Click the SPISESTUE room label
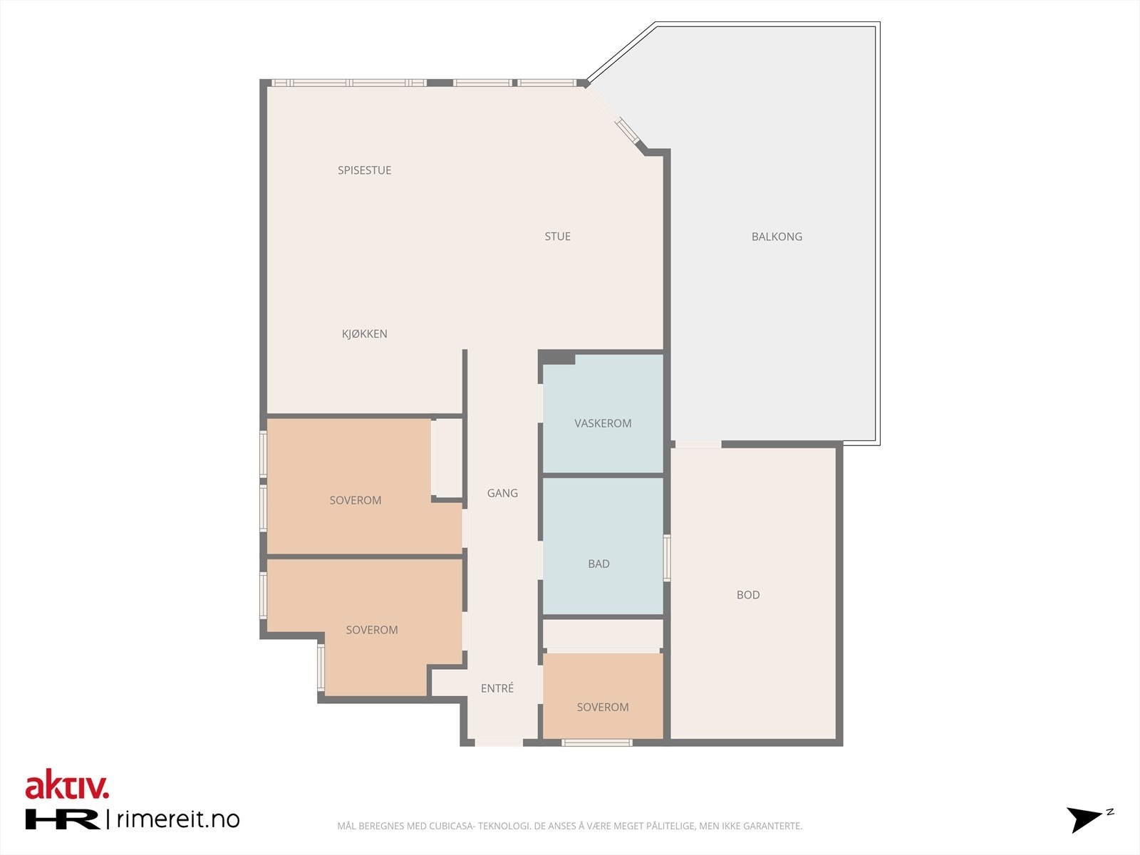[364, 170]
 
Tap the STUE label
[557, 237]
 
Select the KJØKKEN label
[364, 333]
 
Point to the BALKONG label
[777, 237]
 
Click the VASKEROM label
[603, 423]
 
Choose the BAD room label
[598, 564]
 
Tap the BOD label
[748, 595]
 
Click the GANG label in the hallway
[502, 493]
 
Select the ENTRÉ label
[497, 688]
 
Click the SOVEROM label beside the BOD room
[603, 708]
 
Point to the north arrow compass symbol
[1087, 819]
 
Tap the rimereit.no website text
[177, 819]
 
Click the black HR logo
[62, 819]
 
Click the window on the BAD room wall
[667, 558]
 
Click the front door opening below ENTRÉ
[499, 743]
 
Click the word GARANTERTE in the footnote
[772, 826]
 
